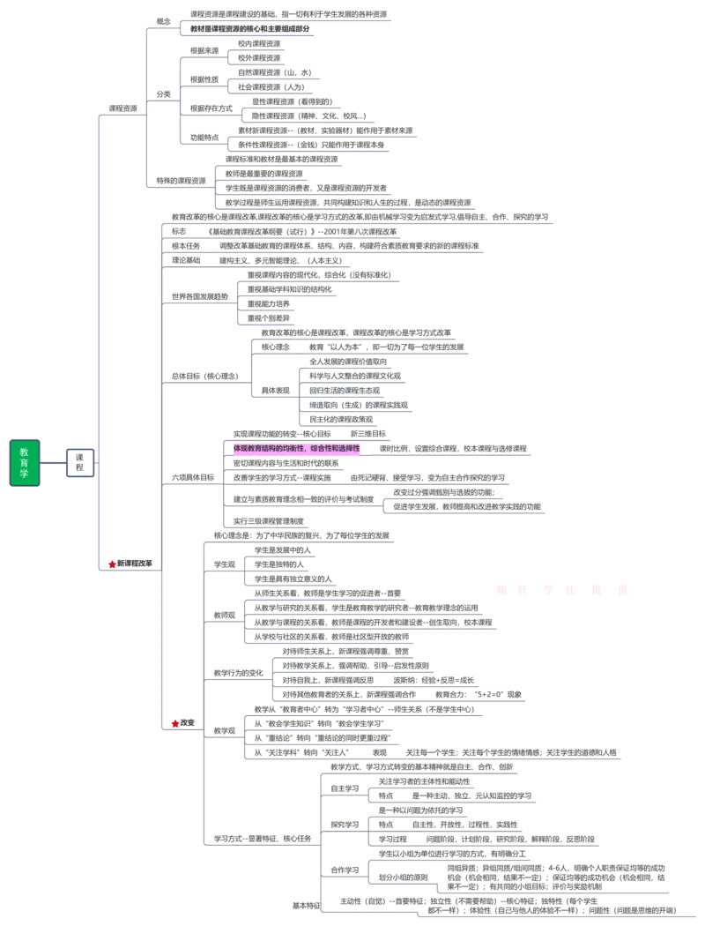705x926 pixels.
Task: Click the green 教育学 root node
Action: pyautogui.click(x=25, y=462)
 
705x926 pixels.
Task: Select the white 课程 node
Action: pyautogui.click(x=79, y=462)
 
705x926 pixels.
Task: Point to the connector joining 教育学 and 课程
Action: pyautogui.click(x=53, y=462)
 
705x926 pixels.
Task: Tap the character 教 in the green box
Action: pyautogui.click(x=25, y=451)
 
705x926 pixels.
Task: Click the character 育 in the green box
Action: pyautogui.click(x=25, y=462)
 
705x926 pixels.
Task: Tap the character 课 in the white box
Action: pyautogui.click(x=79, y=457)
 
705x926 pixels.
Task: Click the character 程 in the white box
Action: pyautogui.click(x=79, y=468)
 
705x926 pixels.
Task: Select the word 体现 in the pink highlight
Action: pyautogui.click(x=240, y=449)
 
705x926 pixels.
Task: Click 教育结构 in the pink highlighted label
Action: pyautogui.click(x=260, y=449)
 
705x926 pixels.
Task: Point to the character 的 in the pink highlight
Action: pyautogui.click(x=277, y=449)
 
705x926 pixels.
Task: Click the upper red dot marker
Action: pyautogui.click(x=112, y=564)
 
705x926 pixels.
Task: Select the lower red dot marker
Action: pyautogui.click(x=174, y=724)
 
